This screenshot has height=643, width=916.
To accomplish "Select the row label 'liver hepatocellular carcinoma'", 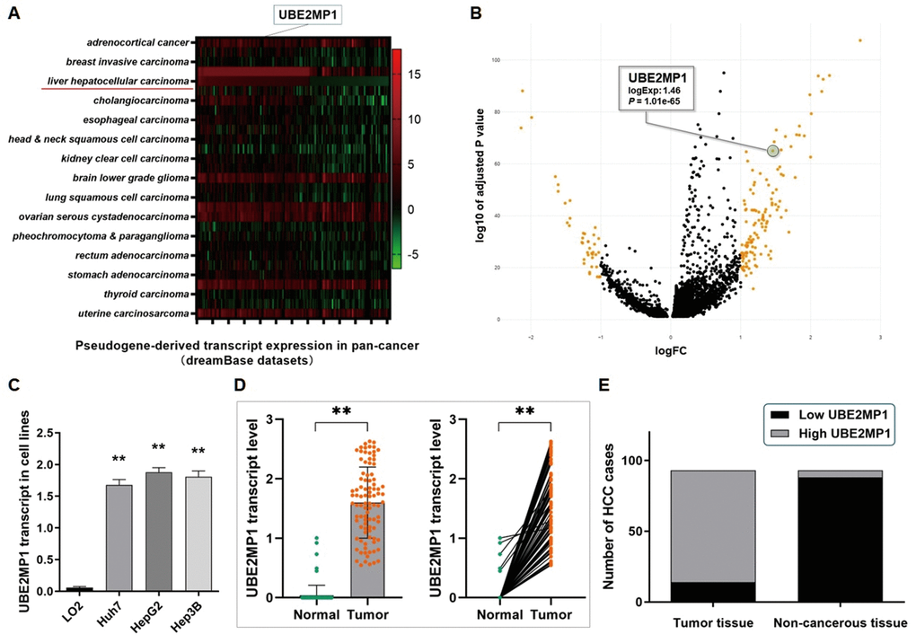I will pos(119,81).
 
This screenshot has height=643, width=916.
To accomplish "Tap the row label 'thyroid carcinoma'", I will pos(143,294).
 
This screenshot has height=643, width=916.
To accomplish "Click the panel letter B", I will pos(474,13).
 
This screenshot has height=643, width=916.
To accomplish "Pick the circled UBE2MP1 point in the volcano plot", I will pos(772,151).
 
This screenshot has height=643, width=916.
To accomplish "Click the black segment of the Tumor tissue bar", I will pos(700,592).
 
